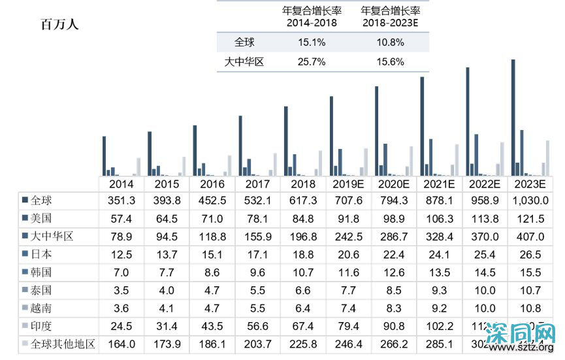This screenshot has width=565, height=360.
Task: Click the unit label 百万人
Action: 59,25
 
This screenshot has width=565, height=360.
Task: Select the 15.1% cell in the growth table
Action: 312,42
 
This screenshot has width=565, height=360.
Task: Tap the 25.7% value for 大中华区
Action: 312,63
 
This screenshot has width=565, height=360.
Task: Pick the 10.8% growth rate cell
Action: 390,42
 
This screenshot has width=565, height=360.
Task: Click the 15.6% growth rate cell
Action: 390,63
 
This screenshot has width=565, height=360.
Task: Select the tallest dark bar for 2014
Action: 104,155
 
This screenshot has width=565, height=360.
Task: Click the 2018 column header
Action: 302,184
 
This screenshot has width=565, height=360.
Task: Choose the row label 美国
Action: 41,218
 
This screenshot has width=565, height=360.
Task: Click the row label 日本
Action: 41,254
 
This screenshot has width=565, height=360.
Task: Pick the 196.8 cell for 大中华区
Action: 302,237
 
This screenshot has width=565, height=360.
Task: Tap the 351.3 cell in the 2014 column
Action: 121,201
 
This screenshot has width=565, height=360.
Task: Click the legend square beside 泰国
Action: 25,289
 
